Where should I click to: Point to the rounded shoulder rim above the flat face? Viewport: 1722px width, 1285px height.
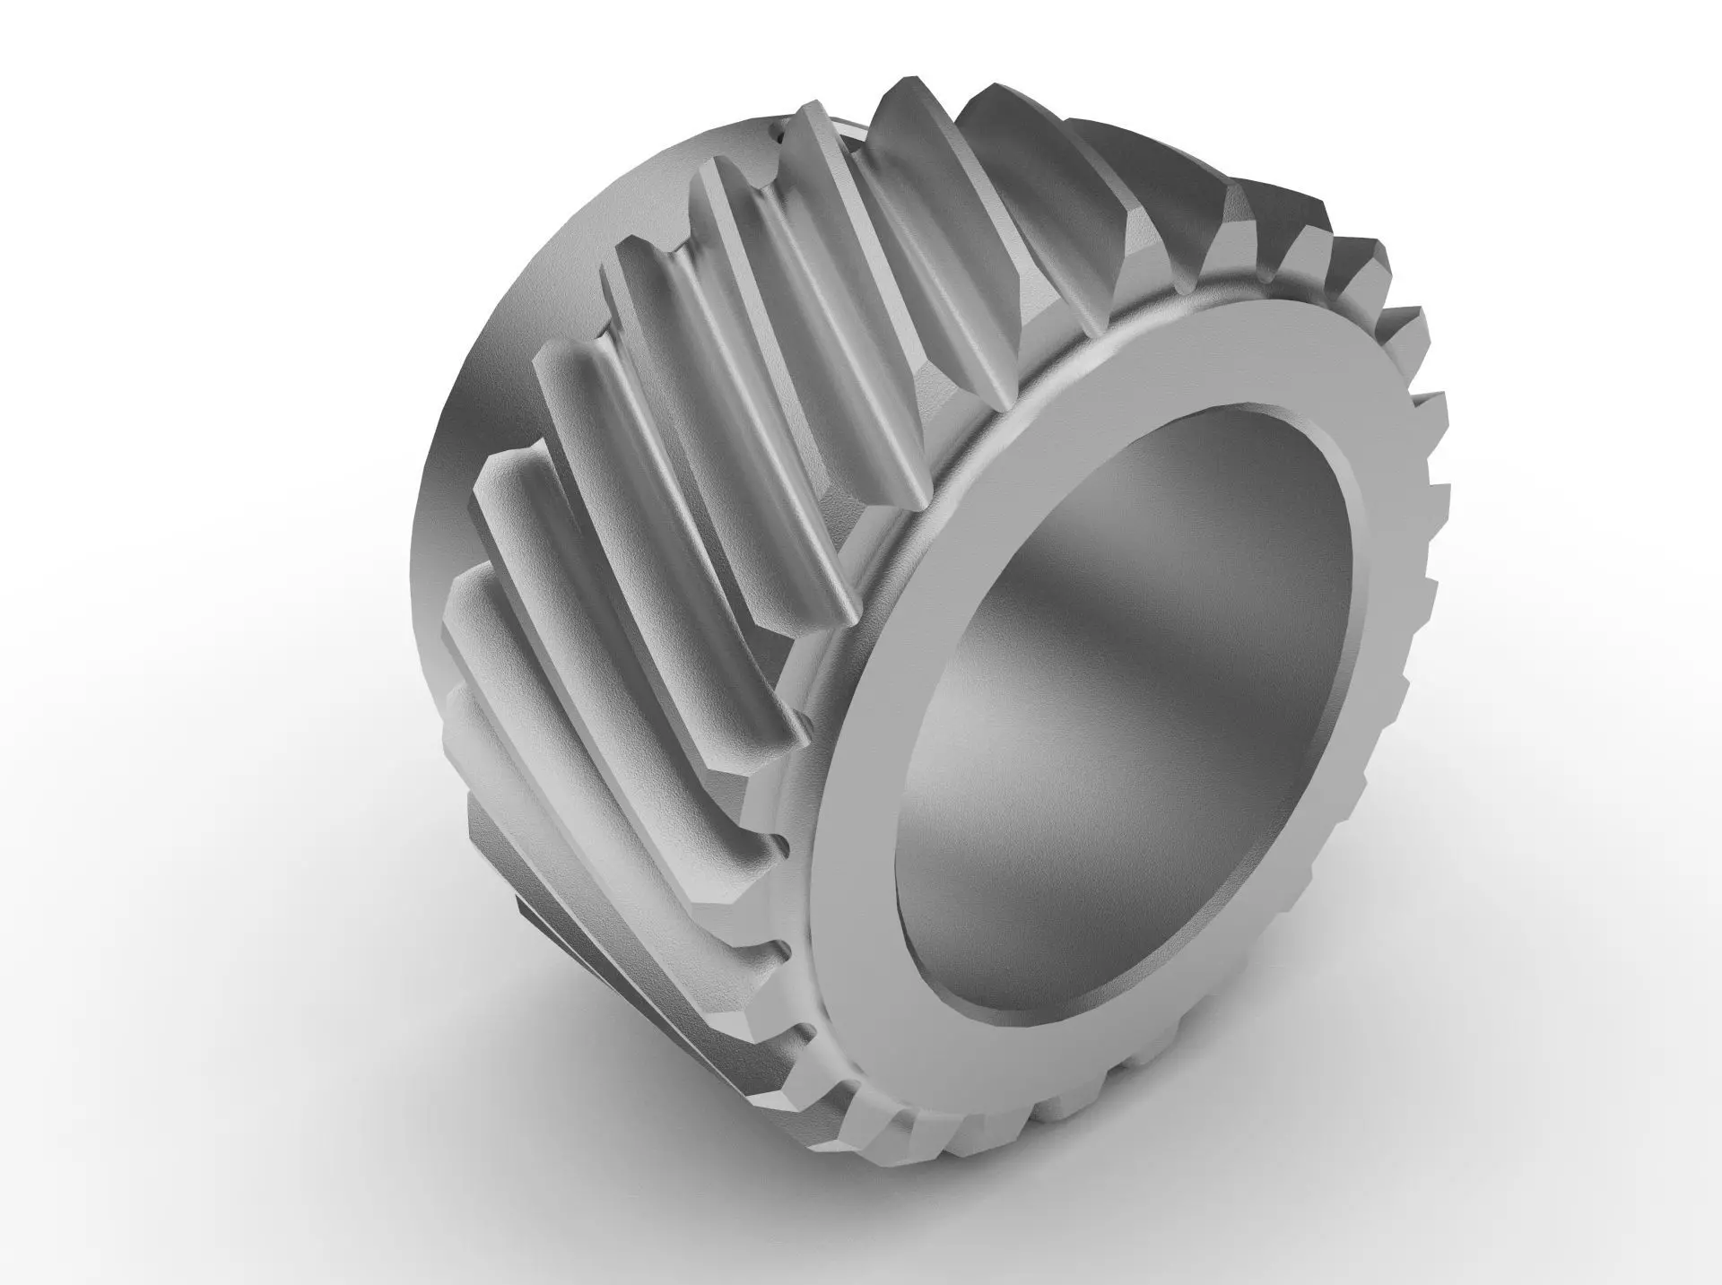click(1058, 359)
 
